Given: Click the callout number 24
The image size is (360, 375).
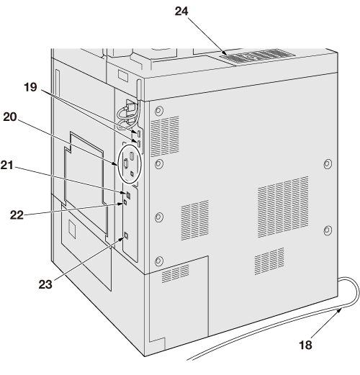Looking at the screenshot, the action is click(x=181, y=12).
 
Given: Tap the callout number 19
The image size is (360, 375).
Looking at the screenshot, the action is click(x=30, y=87).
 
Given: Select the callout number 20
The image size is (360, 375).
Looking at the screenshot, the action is click(x=10, y=117).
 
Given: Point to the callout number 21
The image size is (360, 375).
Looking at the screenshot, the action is click(x=7, y=166).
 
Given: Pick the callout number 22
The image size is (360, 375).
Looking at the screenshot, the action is click(x=17, y=215).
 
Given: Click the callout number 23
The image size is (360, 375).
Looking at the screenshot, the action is click(x=45, y=284).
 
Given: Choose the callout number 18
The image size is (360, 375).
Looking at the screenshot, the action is click(x=305, y=345).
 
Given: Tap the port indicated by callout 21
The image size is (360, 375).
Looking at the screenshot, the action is click(x=129, y=195).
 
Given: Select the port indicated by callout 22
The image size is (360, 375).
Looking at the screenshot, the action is click(x=125, y=202).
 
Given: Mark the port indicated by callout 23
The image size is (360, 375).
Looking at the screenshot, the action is click(x=126, y=236).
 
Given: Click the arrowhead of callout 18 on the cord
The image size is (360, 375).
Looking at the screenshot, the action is click(x=340, y=310).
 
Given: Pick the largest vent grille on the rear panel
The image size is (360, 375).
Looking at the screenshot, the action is click(x=283, y=207).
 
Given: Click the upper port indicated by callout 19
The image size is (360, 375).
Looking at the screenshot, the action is click(x=139, y=133).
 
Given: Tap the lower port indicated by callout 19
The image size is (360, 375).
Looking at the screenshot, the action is click(x=139, y=143).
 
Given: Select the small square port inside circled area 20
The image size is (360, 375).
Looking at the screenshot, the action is click(x=132, y=173).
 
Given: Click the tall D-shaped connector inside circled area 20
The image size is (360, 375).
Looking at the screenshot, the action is click(x=125, y=164).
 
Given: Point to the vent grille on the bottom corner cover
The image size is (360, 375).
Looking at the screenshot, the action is click(x=175, y=274).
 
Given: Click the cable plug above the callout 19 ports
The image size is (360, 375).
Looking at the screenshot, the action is click(x=130, y=107).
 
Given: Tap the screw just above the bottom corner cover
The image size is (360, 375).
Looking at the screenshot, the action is click(x=158, y=261).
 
